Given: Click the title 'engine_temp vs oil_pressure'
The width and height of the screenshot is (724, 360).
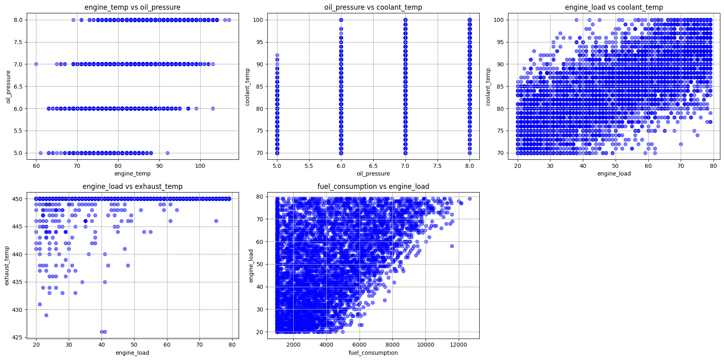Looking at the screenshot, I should click(132, 7).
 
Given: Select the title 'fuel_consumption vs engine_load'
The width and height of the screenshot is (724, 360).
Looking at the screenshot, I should click(373, 186).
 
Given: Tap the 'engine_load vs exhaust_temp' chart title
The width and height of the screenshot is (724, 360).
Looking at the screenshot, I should click(132, 186).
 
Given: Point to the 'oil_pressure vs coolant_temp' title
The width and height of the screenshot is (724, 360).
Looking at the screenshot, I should click(373, 7).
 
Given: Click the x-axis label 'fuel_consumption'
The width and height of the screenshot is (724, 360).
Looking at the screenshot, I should click(373, 353).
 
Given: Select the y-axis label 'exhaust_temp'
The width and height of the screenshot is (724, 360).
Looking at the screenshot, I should click(7, 265).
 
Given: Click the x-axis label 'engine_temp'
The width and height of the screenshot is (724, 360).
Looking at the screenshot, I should click(132, 174).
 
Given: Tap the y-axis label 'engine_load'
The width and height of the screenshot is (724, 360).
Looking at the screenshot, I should click(251, 266).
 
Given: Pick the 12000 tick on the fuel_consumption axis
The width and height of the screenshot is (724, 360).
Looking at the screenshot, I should click(458, 345).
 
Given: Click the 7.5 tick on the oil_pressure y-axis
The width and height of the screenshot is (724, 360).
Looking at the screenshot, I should click(18, 42).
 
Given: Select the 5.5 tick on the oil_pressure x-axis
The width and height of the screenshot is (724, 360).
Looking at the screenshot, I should click(309, 165).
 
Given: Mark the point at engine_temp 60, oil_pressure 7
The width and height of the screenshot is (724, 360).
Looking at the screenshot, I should click(36, 64).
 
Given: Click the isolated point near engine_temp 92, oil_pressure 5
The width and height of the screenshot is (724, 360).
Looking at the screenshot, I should click(167, 153).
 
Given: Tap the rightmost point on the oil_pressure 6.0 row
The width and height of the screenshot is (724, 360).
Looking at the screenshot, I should click(213, 108).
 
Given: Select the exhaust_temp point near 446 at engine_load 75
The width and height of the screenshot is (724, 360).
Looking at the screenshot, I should click(216, 221).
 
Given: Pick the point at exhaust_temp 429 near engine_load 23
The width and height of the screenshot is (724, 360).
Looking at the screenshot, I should click(46, 315).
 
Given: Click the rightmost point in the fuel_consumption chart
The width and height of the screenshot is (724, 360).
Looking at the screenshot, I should click(470, 199).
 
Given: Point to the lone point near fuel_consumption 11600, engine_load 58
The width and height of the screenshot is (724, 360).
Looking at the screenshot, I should click(452, 246).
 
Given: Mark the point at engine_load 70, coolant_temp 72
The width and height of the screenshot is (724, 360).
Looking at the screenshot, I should click(681, 144).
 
